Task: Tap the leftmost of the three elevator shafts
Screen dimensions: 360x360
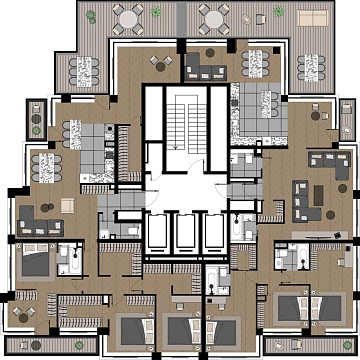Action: click(159, 235)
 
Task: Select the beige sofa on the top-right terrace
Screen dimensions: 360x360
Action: click(311, 18)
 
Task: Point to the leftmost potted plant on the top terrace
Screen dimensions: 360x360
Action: click(92, 16)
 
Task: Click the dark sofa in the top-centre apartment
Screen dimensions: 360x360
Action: click(208, 68)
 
